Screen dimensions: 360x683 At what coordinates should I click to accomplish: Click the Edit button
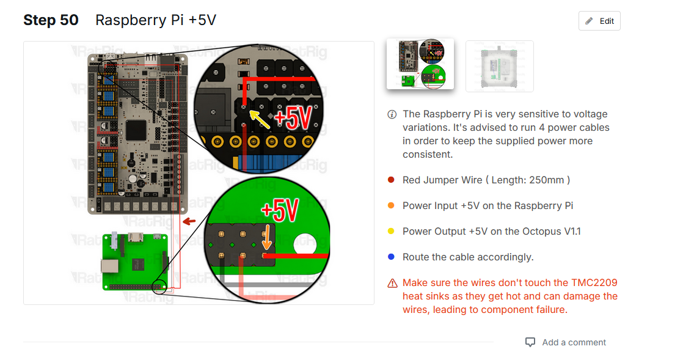599,21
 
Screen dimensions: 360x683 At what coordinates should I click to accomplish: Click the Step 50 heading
51,20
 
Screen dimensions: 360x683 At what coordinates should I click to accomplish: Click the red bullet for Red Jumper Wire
391,180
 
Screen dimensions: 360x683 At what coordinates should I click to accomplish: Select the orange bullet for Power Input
391,206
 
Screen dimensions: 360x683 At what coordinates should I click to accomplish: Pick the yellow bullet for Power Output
391,232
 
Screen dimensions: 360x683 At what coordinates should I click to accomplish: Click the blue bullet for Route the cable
391,257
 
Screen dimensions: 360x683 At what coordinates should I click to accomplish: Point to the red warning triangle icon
392,284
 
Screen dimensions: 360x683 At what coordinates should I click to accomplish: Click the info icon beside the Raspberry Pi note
392,115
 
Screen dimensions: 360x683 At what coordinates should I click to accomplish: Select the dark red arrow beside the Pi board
190,221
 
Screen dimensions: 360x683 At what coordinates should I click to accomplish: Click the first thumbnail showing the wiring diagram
420,64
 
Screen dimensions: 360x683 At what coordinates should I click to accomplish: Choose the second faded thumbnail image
499,66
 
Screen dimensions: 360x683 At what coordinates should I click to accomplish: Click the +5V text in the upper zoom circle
293,119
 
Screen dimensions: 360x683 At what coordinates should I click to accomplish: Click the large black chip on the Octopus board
136,129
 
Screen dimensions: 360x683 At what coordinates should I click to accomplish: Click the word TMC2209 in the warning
594,283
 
